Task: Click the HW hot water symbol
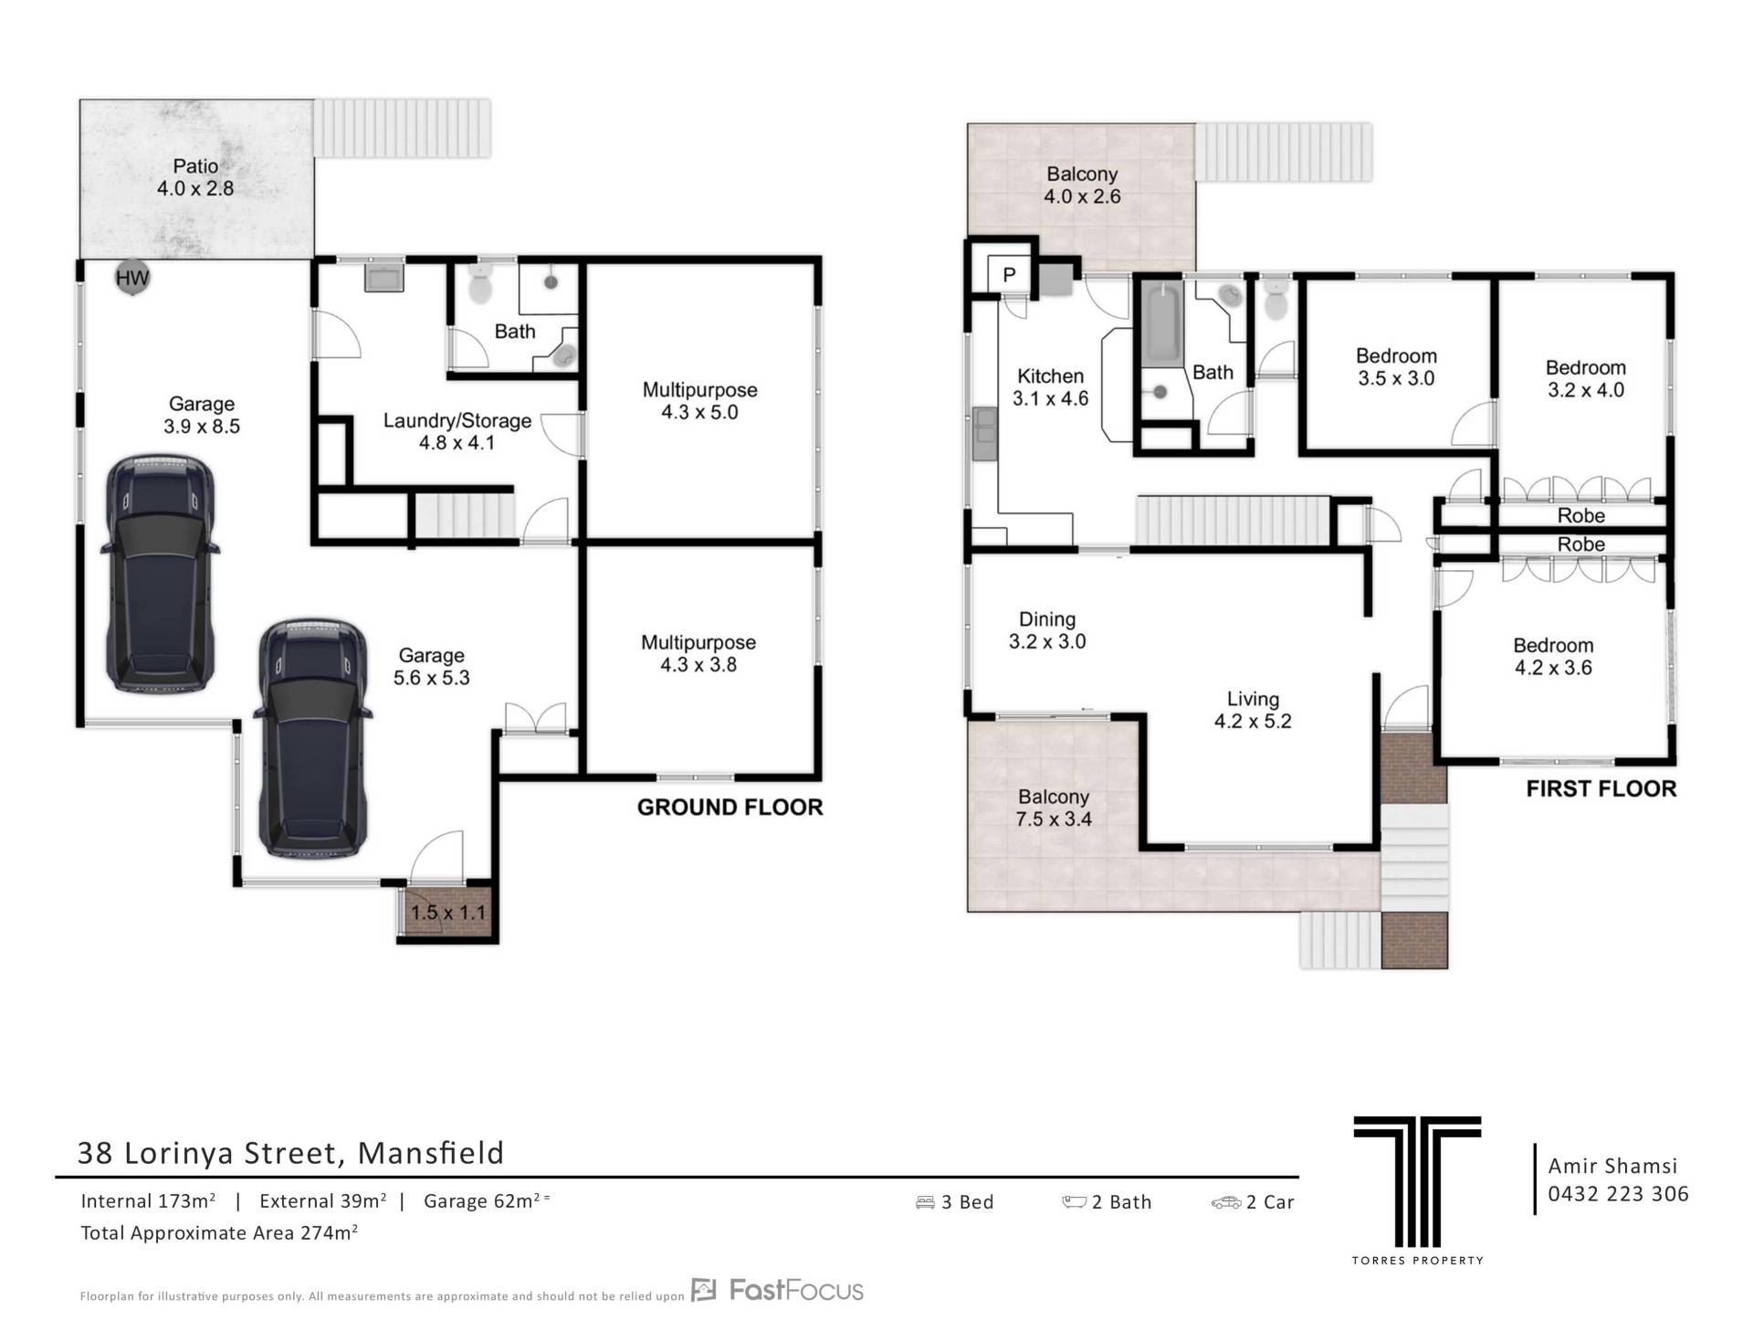pyautogui.click(x=132, y=278)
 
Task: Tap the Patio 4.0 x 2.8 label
pyautogui.click(x=195, y=177)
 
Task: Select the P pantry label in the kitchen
pyautogui.click(x=1009, y=274)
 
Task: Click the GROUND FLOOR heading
pyautogui.click(x=730, y=807)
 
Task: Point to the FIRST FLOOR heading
pyautogui.click(x=1601, y=788)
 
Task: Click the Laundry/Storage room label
pyautogui.click(x=457, y=431)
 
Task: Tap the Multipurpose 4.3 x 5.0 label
pyautogui.click(x=699, y=400)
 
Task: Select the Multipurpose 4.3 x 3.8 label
pyautogui.click(x=698, y=653)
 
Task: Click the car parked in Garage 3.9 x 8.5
pyautogui.click(x=161, y=574)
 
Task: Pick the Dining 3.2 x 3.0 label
pyautogui.click(x=1047, y=630)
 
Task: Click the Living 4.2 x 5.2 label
pyautogui.click(x=1253, y=710)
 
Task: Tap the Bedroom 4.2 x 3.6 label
pyautogui.click(x=1553, y=656)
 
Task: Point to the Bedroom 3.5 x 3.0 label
pyautogui.click(x=1396, y=366)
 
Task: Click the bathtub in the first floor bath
pyautogui.click(x=1161, y=323)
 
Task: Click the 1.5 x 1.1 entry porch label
pyautogui.click(x=447, y=912)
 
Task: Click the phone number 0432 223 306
pyautogui.click(x=1618, y=1193)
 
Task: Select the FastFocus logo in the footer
pyautogui.click(x=777, y=1290)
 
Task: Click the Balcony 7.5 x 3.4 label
pyautogui.click(x=1054, y=808)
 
